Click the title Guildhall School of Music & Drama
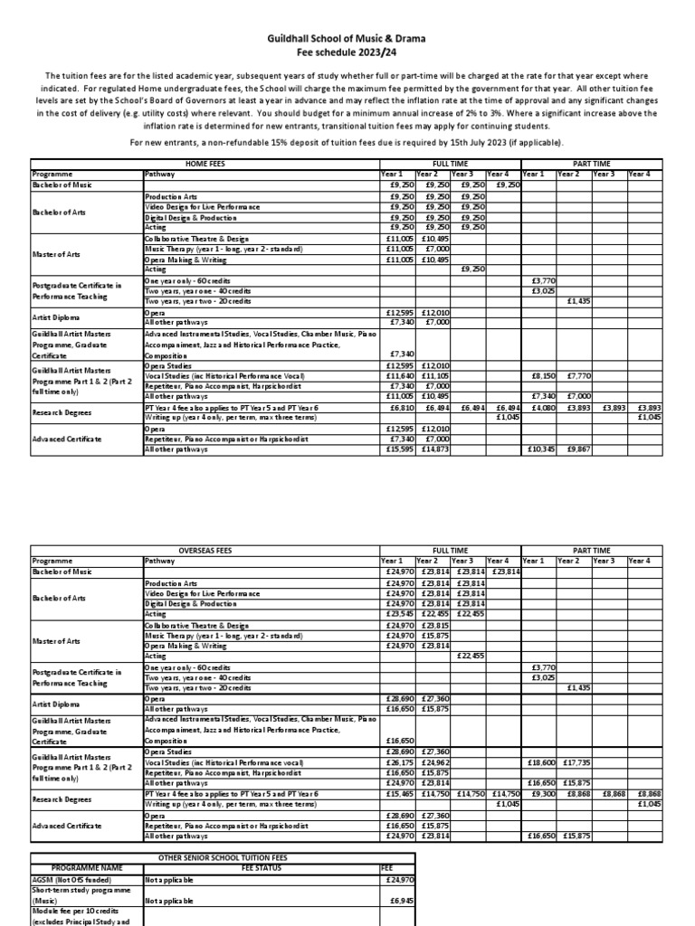coord(347,40)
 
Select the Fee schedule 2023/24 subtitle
coord(347,53)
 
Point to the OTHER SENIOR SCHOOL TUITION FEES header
coord(224,855)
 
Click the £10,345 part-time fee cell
coord(540,449)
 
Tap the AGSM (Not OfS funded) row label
coord(67,878)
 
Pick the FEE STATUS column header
coord(261,866)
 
